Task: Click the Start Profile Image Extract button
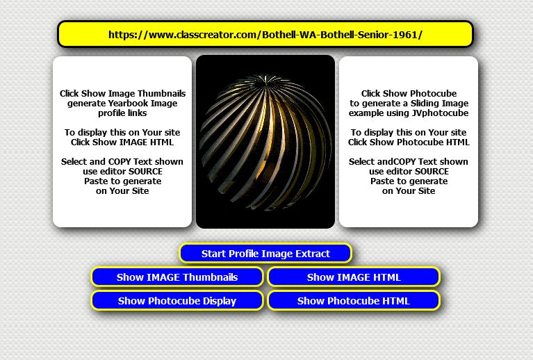265,253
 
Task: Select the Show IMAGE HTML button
354,277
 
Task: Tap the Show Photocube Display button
177,301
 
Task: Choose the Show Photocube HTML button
354,301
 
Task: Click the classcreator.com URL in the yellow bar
265,35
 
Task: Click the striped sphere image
265,142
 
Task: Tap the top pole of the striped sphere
265,79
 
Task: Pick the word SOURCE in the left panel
146,172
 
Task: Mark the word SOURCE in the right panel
432,172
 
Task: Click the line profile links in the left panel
122,113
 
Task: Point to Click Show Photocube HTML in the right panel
409,142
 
